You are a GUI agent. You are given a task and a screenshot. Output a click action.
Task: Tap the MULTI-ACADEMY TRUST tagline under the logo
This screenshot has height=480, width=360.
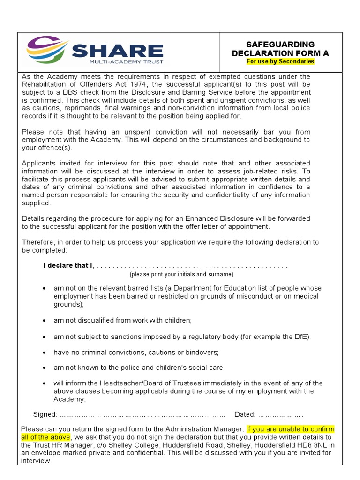coord(126,61)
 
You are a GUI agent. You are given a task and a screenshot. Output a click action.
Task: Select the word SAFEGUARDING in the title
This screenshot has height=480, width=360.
coord(280,45)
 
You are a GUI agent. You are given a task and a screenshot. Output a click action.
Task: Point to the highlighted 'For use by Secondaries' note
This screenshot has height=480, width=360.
coord(280,61)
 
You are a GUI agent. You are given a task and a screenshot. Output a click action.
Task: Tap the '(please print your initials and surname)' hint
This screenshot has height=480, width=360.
coord(181,274)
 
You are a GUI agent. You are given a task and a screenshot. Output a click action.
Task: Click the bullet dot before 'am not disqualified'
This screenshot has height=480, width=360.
coord(44,321)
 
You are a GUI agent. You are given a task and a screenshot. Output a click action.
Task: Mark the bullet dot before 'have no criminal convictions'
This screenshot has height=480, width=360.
coord(44,352)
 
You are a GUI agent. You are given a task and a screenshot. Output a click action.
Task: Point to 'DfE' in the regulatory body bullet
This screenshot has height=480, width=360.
coord(301,337)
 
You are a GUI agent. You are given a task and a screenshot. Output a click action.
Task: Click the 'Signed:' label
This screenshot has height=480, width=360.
coord(45,414)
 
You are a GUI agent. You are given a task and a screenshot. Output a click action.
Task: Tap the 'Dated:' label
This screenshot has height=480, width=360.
coord(245,414)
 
